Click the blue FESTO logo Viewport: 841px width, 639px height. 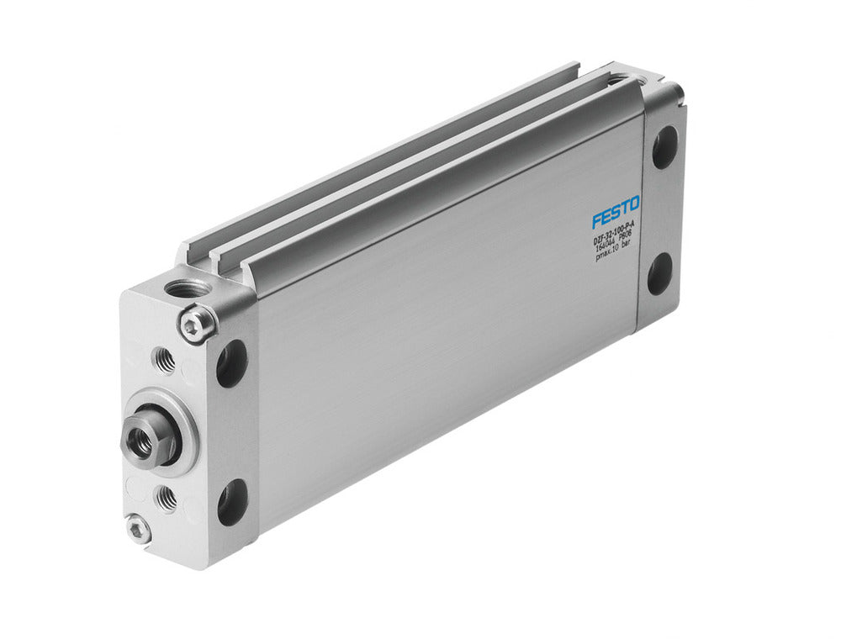tap(616, 212)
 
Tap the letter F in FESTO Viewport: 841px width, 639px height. tap(596, 219)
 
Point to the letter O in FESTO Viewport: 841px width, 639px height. tap(633, 203)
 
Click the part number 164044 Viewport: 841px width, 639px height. tap(604, 248)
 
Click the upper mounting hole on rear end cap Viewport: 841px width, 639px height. tap(664, 147)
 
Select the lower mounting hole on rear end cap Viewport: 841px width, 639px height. tap(659, 273)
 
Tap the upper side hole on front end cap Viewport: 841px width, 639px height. tap(231, 363)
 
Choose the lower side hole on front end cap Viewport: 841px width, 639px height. tap(231, 502)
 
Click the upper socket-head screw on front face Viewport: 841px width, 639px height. tap(196, 324)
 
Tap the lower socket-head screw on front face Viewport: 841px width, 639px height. tap(139, 528)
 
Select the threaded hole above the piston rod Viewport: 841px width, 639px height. tap(165, 360)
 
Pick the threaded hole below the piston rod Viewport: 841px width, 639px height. tap(167, 499)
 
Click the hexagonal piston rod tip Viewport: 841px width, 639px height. tap(140, 441)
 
